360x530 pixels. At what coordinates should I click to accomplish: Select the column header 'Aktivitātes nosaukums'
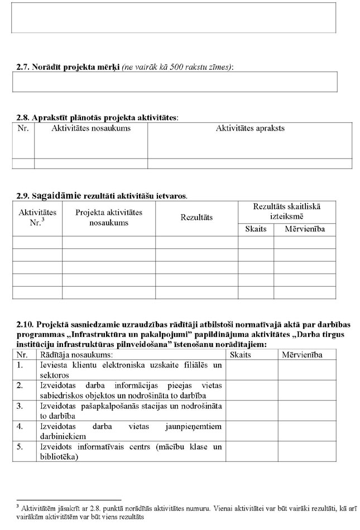[x=91, y=128]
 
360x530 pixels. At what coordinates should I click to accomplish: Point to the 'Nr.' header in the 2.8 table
[x=23, y=128]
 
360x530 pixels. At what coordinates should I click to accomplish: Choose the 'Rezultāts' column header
[x=196, y=218]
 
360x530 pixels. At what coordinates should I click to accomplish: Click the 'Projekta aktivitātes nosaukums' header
[x=109, y=218]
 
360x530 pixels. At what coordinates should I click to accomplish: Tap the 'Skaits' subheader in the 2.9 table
[x=256, y=229]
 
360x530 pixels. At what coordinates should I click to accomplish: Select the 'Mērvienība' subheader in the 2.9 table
[x=305, y=229]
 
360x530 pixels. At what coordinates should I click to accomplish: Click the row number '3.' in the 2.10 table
[x=20, y=406]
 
